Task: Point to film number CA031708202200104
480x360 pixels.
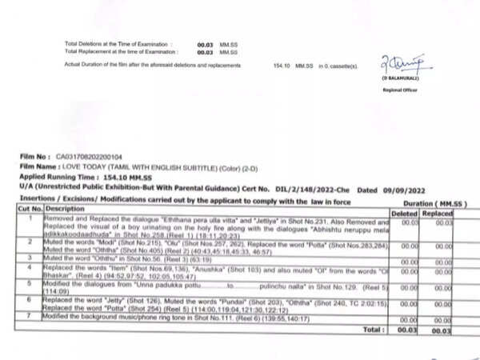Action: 90,157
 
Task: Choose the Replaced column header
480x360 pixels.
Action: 440,214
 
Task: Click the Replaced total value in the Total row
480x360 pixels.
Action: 440,329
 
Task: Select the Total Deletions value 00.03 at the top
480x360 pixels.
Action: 204,46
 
